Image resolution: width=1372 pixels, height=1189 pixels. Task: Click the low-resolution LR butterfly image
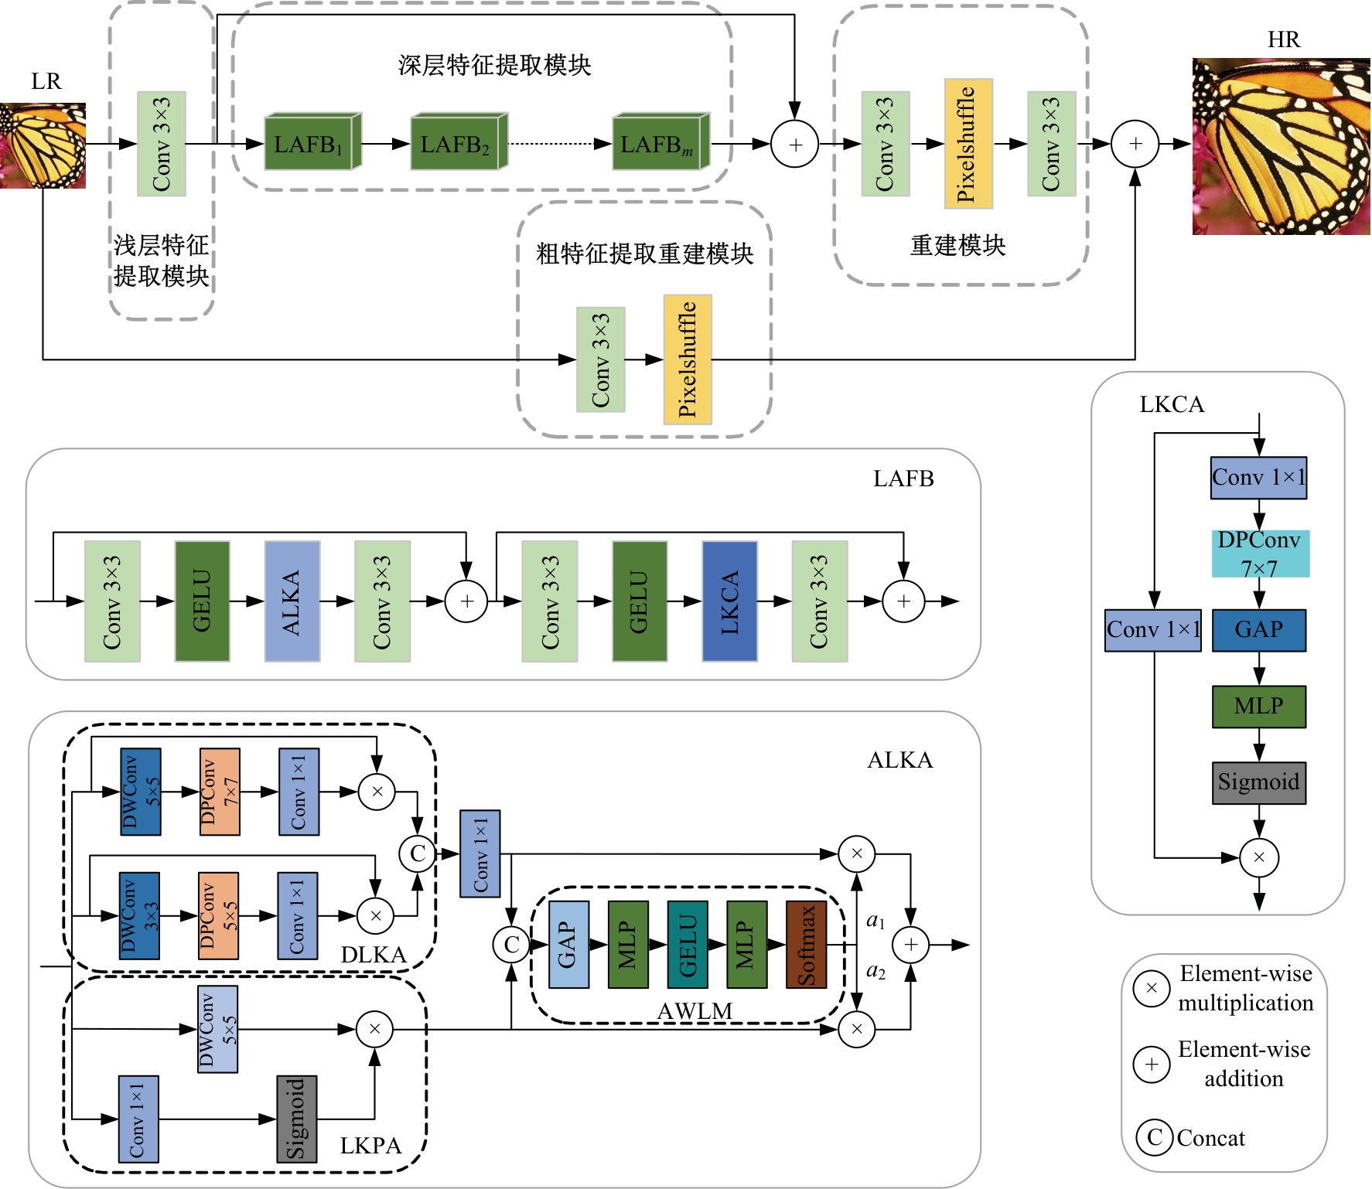tap(43, 145)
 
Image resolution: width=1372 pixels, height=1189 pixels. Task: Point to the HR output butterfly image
tap(1281, 146)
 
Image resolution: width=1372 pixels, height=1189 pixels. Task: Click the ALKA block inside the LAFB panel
tap(292, 601)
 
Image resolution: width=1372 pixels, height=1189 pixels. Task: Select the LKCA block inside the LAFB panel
tap(729, 601)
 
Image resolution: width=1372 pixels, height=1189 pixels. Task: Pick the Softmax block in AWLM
tap(806, 945)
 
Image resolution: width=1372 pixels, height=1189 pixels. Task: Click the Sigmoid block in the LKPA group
tap(296, 1119)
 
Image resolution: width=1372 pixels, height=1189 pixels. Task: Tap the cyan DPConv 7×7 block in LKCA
tap(1260, 554)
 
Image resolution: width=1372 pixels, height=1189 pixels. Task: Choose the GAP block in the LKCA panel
tap(1258, 630)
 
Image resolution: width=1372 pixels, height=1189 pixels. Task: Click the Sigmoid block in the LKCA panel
tap(1258, 782)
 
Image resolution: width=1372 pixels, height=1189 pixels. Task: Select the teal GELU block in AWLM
tap(688, 945)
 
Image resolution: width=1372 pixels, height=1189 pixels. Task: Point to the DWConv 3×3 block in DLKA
tap(139, 915)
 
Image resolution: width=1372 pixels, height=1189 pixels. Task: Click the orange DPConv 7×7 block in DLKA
tap(220, 792)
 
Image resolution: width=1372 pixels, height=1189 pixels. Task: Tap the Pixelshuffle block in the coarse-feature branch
tap(688, 359)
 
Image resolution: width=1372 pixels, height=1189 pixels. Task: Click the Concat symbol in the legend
tap(1154, 1137)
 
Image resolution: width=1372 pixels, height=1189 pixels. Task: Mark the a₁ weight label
tap(875, 921)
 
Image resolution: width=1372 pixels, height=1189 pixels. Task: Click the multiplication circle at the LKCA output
tap(1258, 857)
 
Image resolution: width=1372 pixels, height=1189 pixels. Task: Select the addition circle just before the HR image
tap(1135, 144)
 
